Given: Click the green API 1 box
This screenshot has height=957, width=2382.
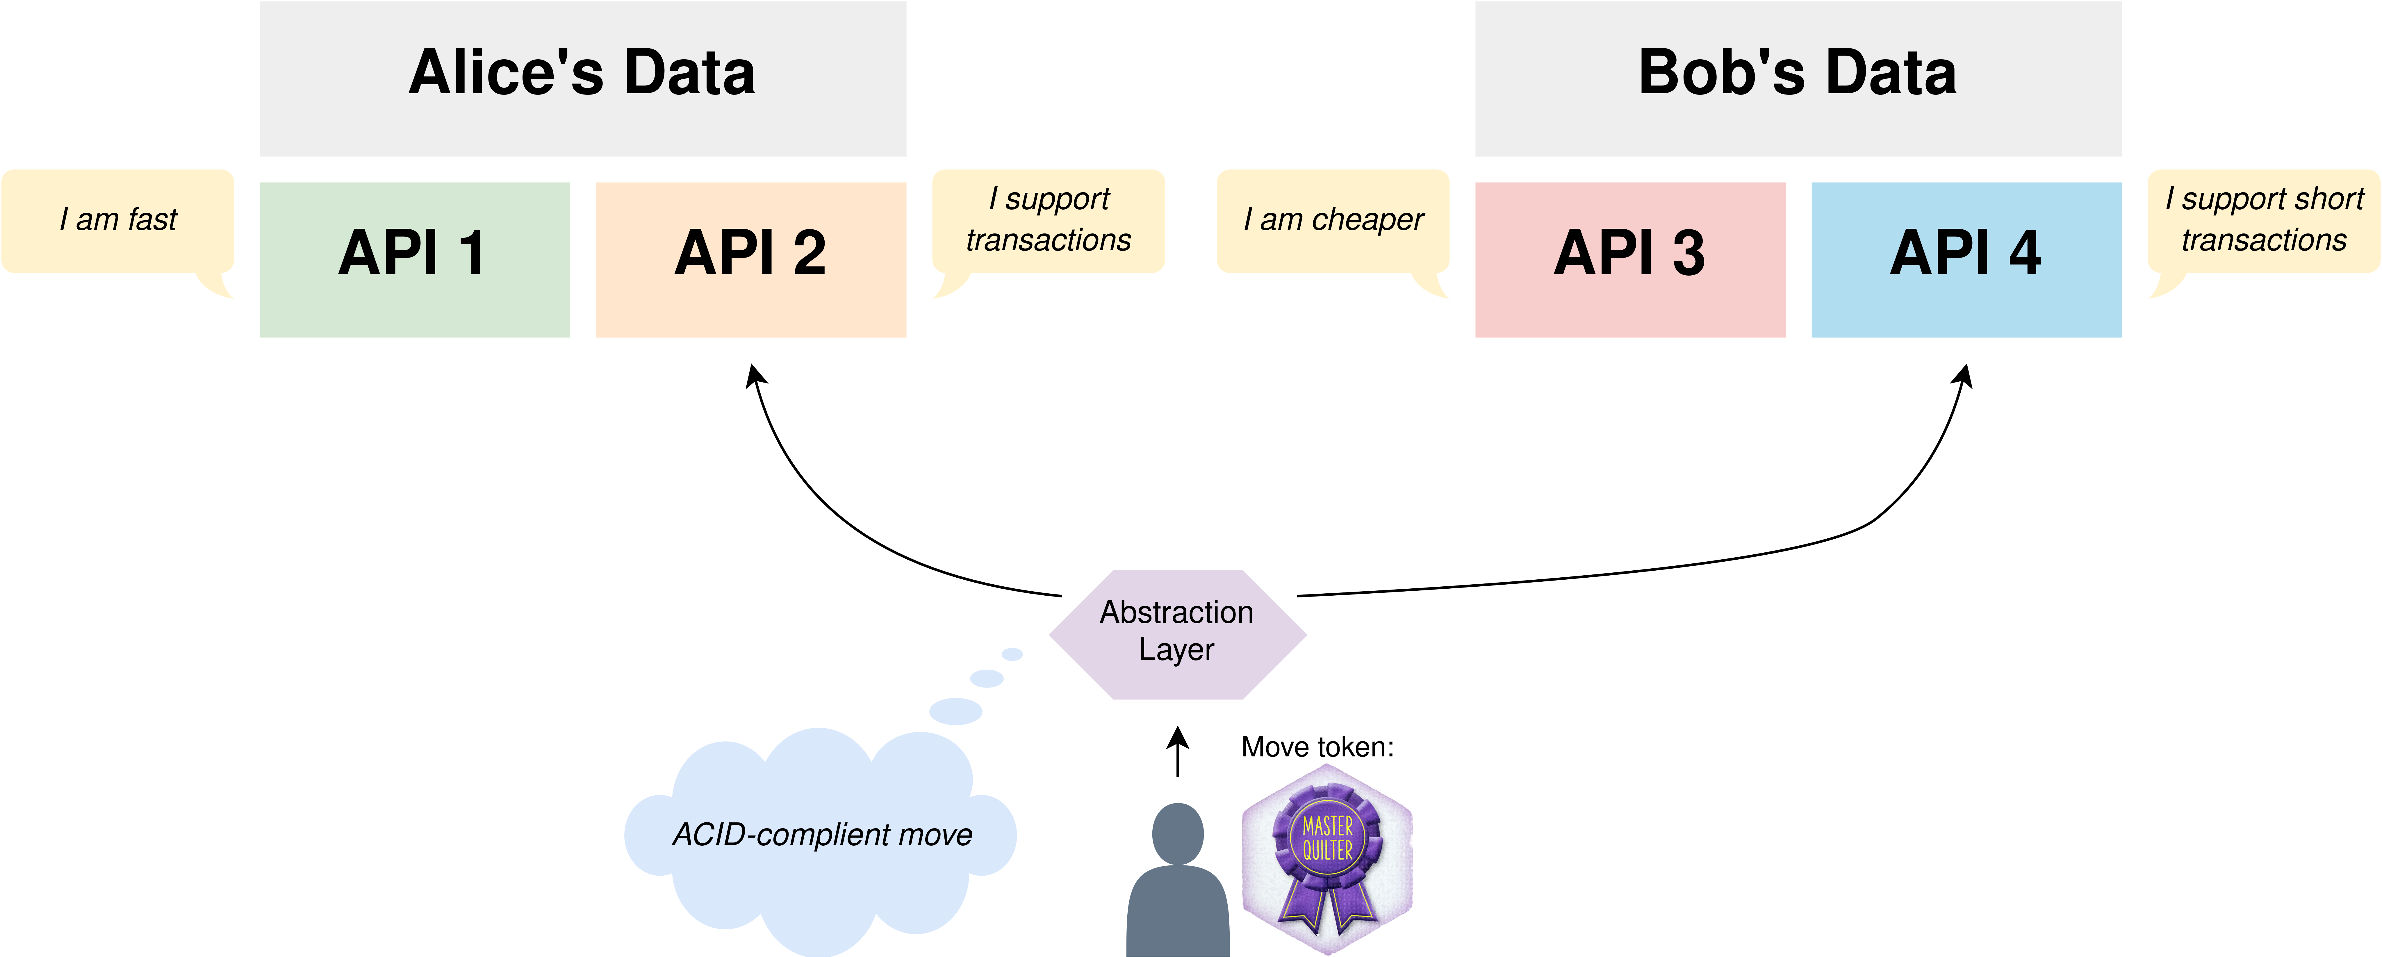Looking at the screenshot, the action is (x=415, y=260).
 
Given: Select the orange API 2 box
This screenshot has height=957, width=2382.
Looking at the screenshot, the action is (x=751, y=260).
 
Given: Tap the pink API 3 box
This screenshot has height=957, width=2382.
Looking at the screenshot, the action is (x=1630, y=260).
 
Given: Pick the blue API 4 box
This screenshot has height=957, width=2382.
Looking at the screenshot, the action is (x=1966, y=260).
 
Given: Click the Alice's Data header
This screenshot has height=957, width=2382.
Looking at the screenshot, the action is (x=582, y=78).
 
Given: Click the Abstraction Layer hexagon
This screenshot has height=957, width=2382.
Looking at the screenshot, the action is (x=1177, y=634).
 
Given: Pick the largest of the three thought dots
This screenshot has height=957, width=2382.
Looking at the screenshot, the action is (x=955, y=711).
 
